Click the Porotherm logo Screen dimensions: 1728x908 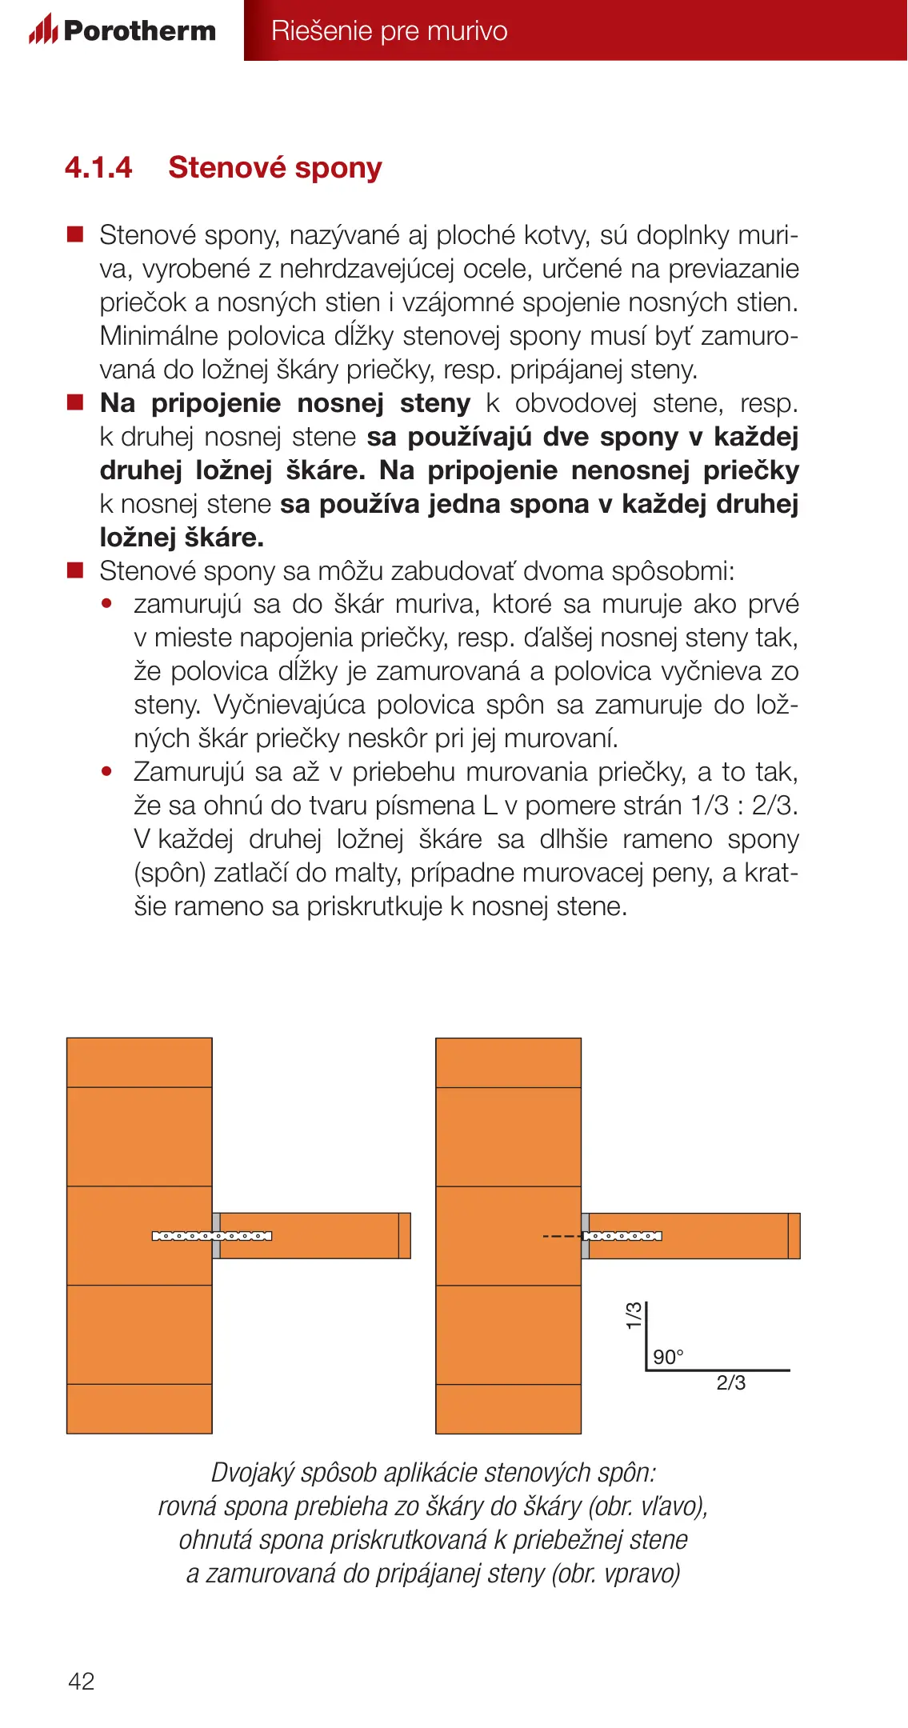click(122, 30)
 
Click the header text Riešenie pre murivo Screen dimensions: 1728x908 click(389, 30)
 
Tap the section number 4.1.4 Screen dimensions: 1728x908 click(98, 167)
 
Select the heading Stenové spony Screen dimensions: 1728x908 click(275, 167)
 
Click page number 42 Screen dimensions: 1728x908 click(82, 1681)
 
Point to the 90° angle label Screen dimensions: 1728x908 click(668, 1357)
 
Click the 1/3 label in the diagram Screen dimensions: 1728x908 click(634, 1316)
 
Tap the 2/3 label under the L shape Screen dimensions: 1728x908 click(730, 1382)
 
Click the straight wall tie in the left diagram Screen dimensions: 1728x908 click(211, 1236)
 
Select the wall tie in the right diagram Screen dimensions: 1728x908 click(622, 1236)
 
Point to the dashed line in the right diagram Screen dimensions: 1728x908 click(562, 1237)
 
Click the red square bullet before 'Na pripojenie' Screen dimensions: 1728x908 click(75, 402)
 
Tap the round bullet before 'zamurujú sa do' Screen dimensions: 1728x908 click(107, 604)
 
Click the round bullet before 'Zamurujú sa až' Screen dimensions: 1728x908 click(107, 772)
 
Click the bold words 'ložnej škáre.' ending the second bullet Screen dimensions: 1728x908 click(182, 537)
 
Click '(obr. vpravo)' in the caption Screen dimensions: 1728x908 click(615, 1573)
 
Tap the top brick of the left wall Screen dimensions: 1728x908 click(139, 1062)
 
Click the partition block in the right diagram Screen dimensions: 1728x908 click(688, 1236)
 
